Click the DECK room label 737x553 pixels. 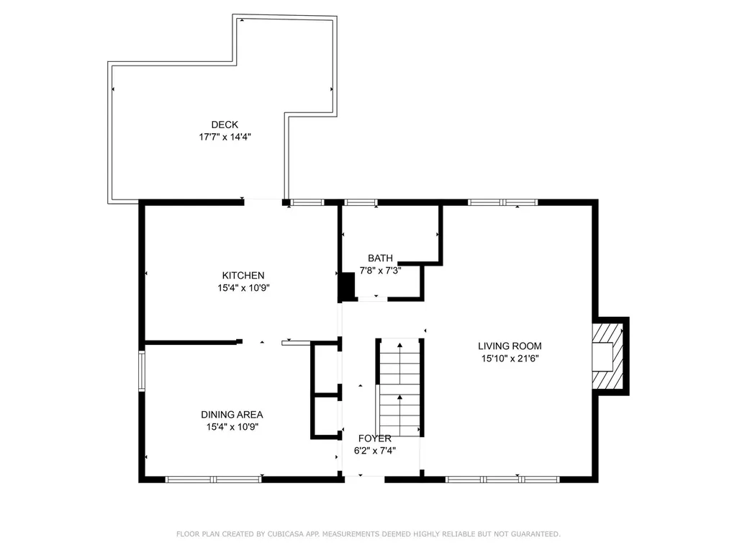(x=225, y=125)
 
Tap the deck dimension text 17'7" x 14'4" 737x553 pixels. (x=225, y=137)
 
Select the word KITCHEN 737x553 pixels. (x=243, y=276)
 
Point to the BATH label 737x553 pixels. (x=380, y=258)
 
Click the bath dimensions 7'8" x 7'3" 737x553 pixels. (x=380, y=271)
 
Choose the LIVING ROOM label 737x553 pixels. (x=510, y=346)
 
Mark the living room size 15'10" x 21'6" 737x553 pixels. (x=510, y=359)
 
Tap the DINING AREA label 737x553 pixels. (x=232, y=415)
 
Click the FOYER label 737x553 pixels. (x=374, y=439)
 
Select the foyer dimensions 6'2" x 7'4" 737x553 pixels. (x=374, y=451)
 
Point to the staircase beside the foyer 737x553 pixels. (x=399, y=387)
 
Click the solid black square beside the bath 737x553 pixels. (x=348, y=286)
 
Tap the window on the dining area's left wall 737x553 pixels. (x=142, y=371)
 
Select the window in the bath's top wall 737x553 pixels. (x=361, y=202)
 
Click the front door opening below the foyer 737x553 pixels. (x=365, y=479)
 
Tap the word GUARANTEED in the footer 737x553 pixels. (x=535, y=534)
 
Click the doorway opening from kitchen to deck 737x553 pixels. (x=263, y=202)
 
